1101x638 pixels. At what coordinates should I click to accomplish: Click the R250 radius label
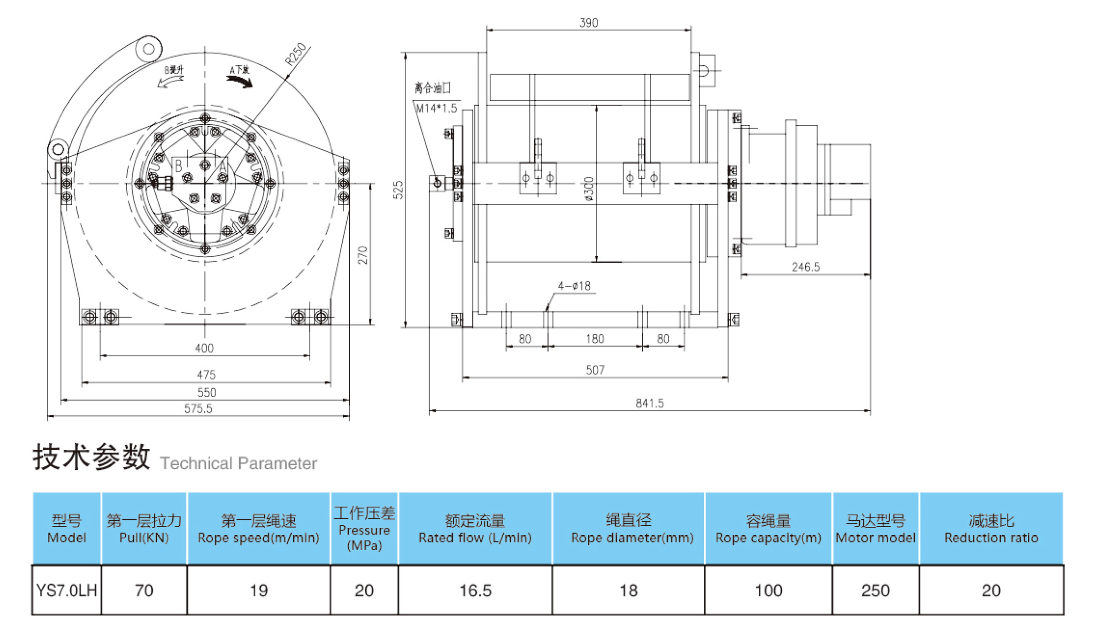tap(296, 54)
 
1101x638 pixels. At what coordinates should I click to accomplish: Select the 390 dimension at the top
tap(589, 23)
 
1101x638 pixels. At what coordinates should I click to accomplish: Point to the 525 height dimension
tap(398, 190)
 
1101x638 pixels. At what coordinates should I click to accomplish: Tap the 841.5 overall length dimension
tap(649, 404)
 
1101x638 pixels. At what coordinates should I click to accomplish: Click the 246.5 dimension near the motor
tap(805, 267)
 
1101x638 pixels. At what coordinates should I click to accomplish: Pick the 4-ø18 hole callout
tap(574, 286)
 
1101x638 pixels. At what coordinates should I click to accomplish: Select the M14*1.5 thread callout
tap(436, 108)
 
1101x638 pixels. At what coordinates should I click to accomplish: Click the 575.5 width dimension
tap(198, 409)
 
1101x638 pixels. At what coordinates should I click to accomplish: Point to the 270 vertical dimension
tap(363, 255)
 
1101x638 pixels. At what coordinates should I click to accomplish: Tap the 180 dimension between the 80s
tap(595, 339)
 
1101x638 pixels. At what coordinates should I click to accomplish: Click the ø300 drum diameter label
tap(589, 189)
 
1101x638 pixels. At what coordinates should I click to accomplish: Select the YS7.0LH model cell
tap(66, 590)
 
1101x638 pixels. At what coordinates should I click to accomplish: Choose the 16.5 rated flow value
tap(475, 590)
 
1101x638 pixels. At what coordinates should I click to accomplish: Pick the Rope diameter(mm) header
tap(632, 538)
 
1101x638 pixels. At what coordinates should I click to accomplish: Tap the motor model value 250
tap(875, 590)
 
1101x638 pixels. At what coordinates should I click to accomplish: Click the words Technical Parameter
tap(239, 463)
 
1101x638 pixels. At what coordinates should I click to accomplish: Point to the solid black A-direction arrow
tap(240, 81)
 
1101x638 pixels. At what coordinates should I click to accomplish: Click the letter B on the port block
tap(179, 166)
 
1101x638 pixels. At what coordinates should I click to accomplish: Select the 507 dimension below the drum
tap(595, 370)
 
